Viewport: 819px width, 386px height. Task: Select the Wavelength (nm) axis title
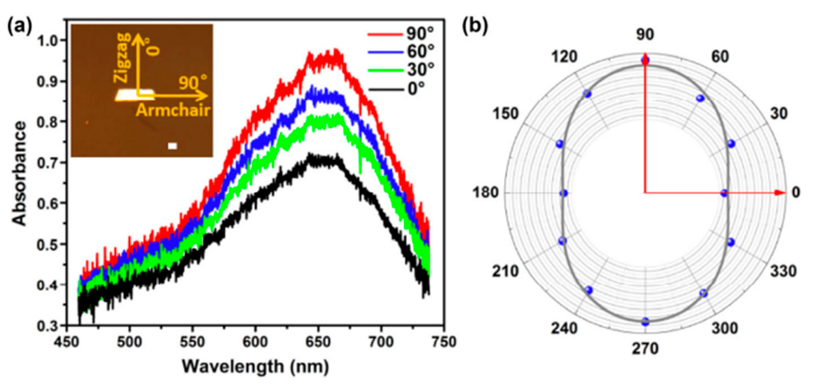255,367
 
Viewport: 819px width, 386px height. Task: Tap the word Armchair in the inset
173,111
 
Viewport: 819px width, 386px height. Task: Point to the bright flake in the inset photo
134,95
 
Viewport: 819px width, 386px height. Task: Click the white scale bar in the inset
172,146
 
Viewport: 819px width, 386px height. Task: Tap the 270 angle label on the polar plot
645,348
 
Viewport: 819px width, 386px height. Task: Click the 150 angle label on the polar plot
505,114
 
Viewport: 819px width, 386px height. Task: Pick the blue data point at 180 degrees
564,193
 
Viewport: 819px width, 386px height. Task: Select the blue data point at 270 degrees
645,322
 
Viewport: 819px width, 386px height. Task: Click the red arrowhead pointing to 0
780,193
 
